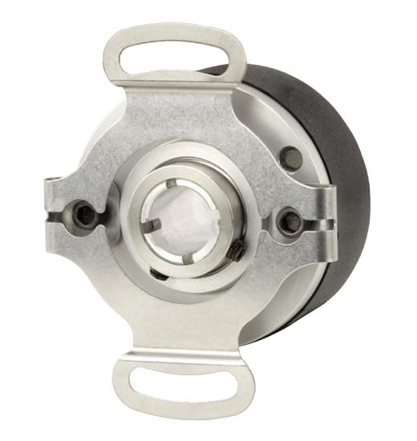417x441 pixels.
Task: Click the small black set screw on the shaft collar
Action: [237, 252]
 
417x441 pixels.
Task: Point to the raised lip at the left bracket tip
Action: [50, 192]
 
